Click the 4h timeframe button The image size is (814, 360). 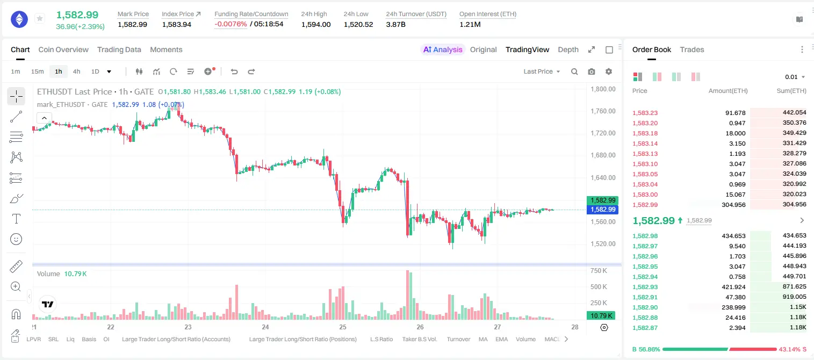tap(76, 71)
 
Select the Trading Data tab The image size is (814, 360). tap(119, 49)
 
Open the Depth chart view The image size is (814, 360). tap(568, 49)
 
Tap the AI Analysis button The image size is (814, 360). tap(443, 49)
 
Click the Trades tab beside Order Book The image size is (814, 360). tap(692, 49)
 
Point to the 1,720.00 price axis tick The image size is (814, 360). tap(603, 133)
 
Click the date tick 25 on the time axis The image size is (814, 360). tap(343, 327)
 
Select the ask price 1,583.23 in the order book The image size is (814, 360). tap(645, 113)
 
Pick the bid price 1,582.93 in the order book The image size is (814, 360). tap(645, 287)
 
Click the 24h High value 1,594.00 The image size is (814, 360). tap(316, 24)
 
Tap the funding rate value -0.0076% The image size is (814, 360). tap(230, 24)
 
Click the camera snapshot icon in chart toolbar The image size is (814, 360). tap(592, 71)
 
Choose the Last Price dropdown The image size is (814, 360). tap(542, 71)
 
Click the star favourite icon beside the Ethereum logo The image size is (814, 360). tap(40, 18)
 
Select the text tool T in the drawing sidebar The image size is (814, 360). tap(16, 219)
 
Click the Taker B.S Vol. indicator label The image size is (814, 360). tap(419, 339)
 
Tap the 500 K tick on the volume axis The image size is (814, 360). tap(599, 286)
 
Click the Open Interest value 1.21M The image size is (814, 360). tap(470, 24)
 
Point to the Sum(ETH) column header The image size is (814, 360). tap(791, 91)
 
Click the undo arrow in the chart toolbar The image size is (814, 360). tap(234, 71)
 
